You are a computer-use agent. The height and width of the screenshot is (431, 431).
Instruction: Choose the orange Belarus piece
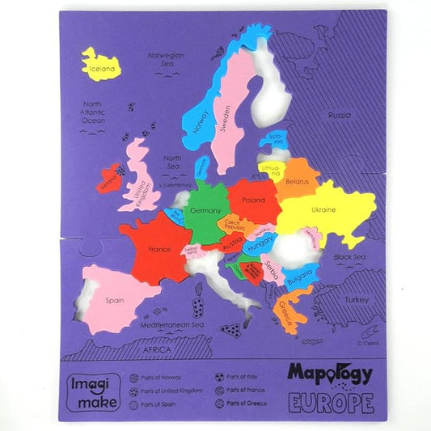pyautogui.click(x=297, y=183)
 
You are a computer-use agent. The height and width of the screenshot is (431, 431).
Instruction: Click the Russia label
pyautogui.click(x=339, y=116)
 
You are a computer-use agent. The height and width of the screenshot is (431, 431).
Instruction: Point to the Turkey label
pyautogui.click(x=356, y=298)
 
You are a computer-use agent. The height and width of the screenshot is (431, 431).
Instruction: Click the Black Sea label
pyautogui.click(x=349, y=256)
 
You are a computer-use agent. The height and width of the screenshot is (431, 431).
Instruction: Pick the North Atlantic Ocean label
pyautogui.click(x=94, y=112)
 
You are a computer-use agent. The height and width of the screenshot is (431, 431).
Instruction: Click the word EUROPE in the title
pyautogui.click(x=330, y=401)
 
